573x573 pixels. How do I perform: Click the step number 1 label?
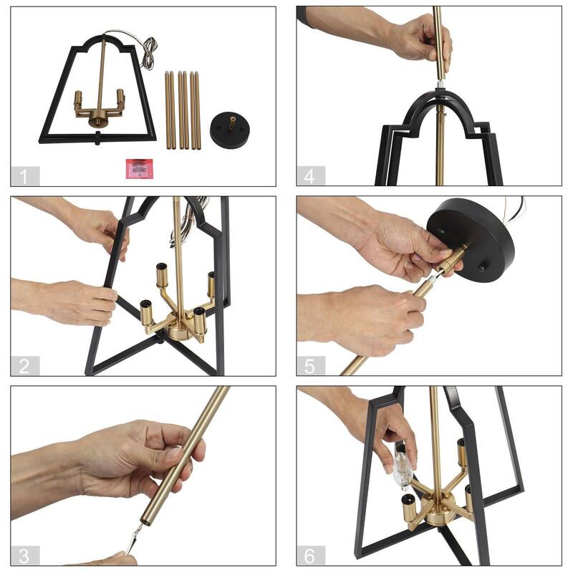point(24,176)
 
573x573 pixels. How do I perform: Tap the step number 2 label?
point(24,366)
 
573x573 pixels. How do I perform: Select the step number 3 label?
point(24,556)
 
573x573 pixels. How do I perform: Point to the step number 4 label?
point(310,176)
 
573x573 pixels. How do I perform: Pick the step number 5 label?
point(310,366)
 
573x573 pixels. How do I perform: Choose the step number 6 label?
point(310,556)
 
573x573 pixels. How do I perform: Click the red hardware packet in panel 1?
point(140,168)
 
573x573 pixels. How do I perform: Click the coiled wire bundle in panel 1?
point(149,53)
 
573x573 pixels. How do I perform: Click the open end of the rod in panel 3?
point(146,522)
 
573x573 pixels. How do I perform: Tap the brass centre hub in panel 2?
point(180,327)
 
